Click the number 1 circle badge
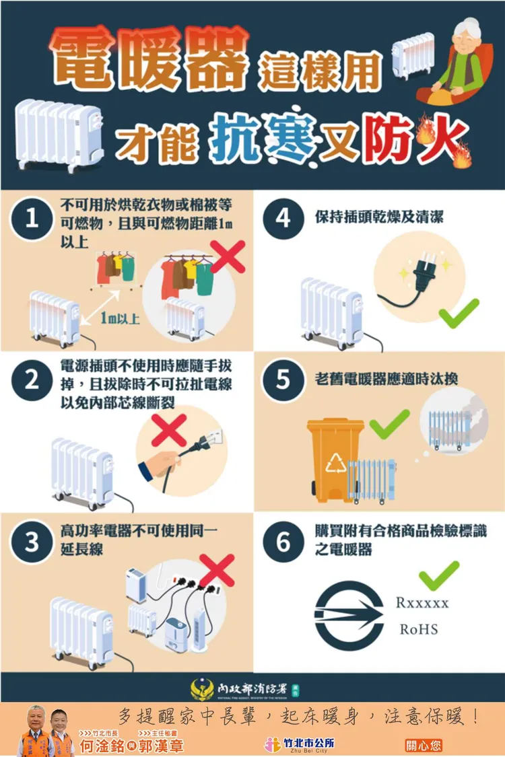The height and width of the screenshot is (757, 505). pyautogui.click(x=32, y=219)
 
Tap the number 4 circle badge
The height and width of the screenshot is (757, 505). pyautogui.click(x=283, y=219)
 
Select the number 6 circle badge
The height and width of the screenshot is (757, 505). pyautogui.click(x=283, y=542)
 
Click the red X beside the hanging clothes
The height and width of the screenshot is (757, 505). pyautogui.click(x=228, y=257)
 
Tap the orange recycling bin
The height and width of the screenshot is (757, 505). pyautogui.click(x=335, y=458)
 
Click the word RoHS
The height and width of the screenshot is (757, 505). pyautogui.click(x=419, y=630)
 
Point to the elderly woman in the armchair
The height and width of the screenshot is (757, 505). pyautogui.click(x=457, y=61)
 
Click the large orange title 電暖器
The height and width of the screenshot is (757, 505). pyautogui.click(x=149, y=60)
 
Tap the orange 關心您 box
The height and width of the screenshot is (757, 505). pyautogui.click(x=423, y=746)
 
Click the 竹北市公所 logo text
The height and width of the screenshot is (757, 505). pyautogui.click(x=309, y=744)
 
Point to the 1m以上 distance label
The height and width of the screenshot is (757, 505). pyautogui.click(x=120, y=318)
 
